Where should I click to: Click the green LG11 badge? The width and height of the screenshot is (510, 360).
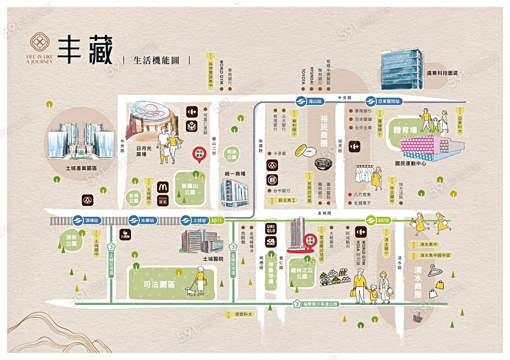pyautogui.click(x=217, y=219)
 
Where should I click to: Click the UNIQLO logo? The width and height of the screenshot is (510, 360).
pyautogui.click(x=270, y=230)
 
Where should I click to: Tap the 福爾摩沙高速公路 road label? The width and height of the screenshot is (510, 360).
pyautogui.click(x=318, y=304)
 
